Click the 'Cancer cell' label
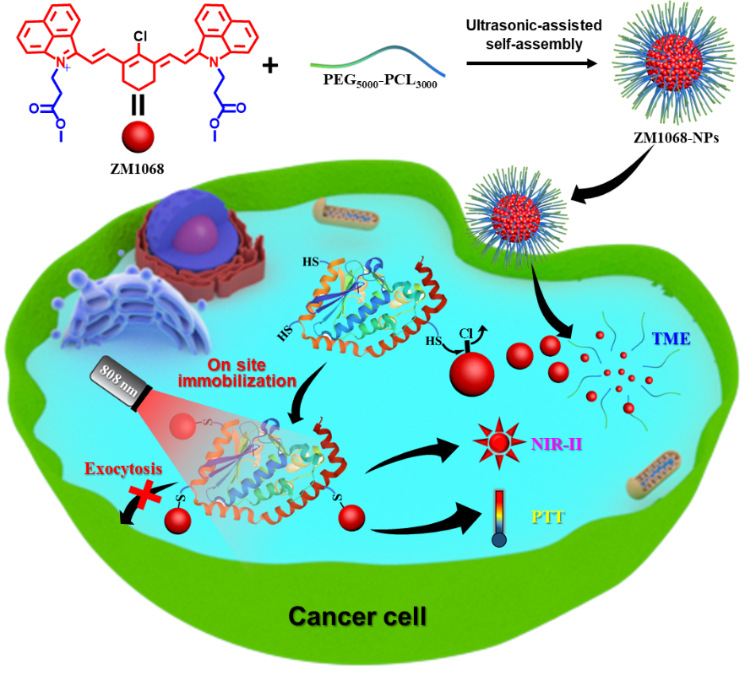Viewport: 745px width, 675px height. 356,616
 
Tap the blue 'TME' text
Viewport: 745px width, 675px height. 671,338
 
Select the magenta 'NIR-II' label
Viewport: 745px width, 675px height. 556,442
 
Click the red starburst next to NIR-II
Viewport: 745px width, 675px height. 498,442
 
